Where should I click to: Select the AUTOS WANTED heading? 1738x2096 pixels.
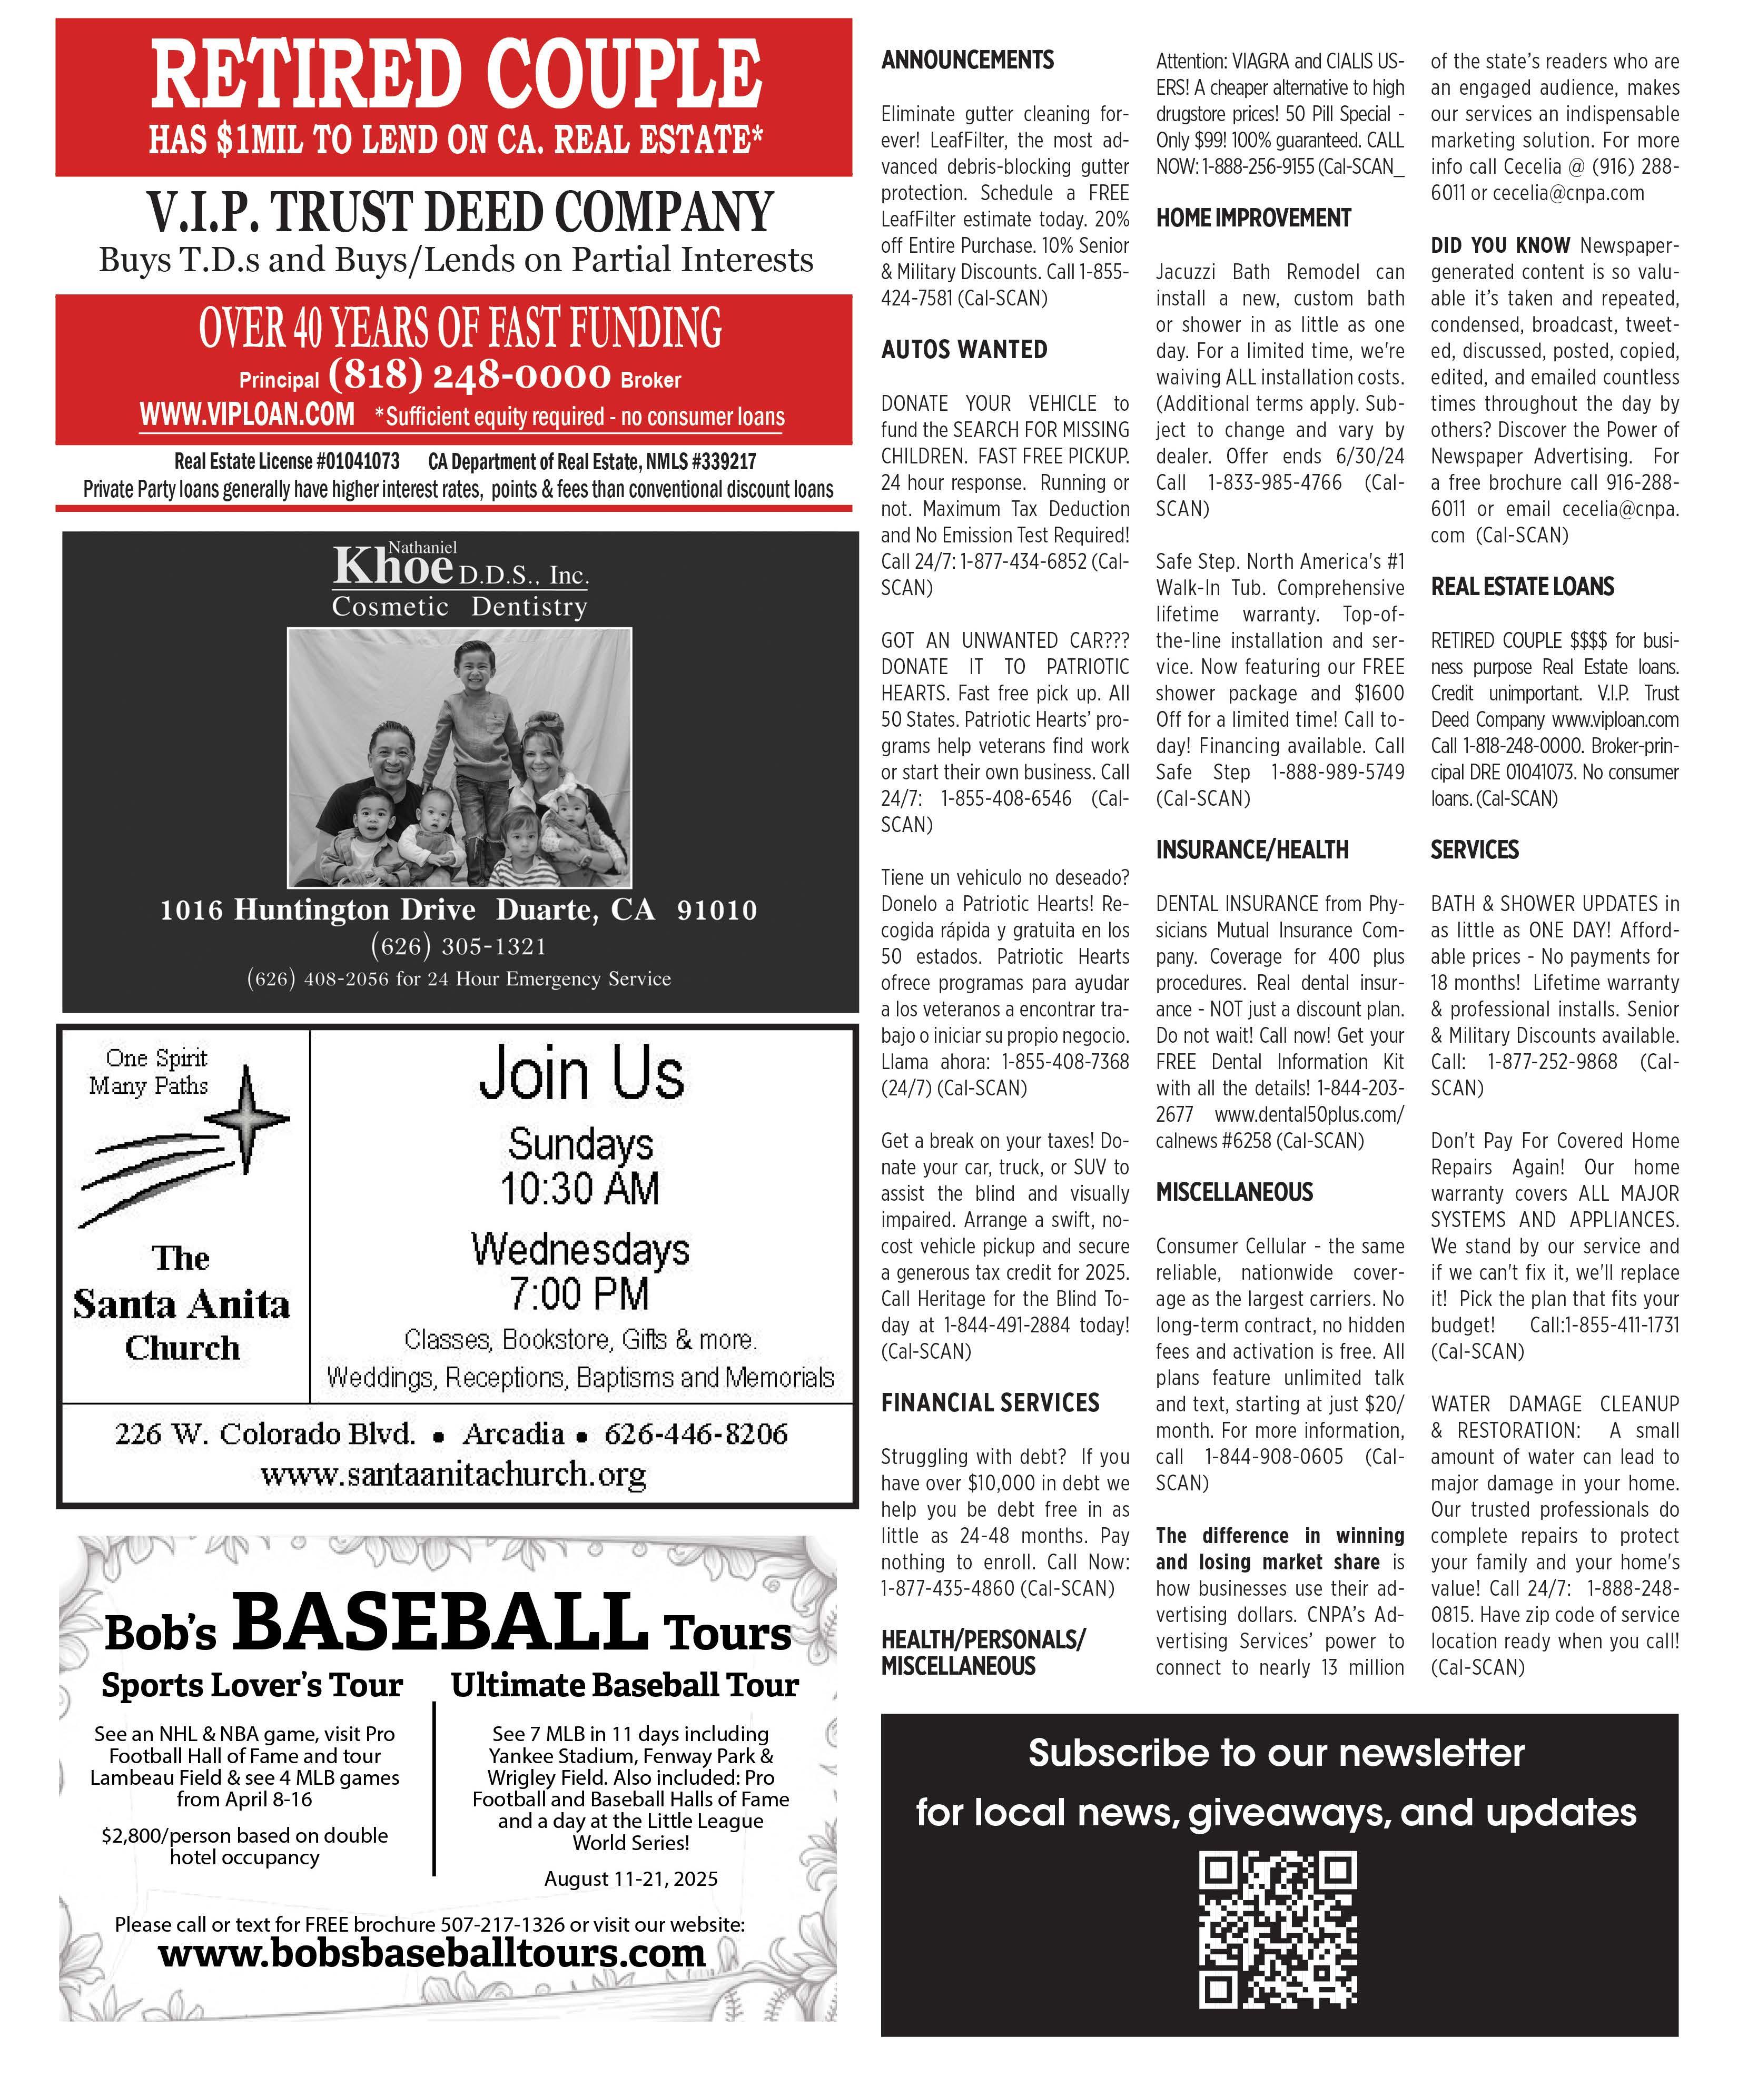click(x=963, y=349)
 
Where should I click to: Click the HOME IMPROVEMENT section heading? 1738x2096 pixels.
click(x=1253, y=217)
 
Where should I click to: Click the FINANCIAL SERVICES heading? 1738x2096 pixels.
click(x=989, y=1402)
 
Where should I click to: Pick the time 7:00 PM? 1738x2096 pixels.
click(x=580, y=1293)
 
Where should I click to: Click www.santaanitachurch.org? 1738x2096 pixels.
click(x=453, y=1474)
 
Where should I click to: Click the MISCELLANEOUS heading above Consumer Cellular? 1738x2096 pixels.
click(x=1234, y=1192)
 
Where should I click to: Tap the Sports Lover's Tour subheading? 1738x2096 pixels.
click(x=252, y=1685)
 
